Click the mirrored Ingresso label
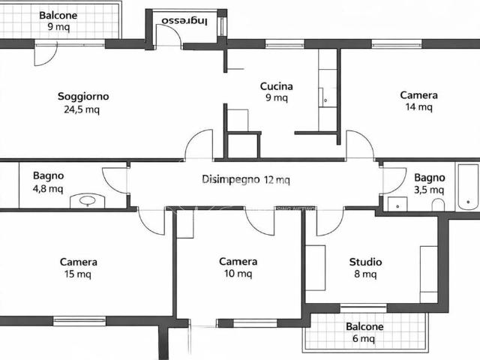pyautogui.click(x=184, y=20)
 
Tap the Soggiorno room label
pyautogui.click(x=83, y=97)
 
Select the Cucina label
pyautogui.click(x=277, y=86)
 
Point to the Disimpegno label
pyautogui.click(x=231, y=179)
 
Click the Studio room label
pyautogui.click(x=365, y=262)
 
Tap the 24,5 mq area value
pyautogui.click(x=82, y=109)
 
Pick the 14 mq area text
pyautogui.click(x=418, y=106)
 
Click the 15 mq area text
pyautogui.click(x=78, y=274)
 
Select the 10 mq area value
pyautogui.click(x=238, y=273)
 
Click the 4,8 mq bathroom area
pyautogui.click(x=48, y=188)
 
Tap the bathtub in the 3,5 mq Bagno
pyautogui.click(x=468, y=187)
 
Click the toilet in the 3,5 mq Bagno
pyautogui.click(x=438, y=205)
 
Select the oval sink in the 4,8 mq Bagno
pyautogui.click(x=88, y=200)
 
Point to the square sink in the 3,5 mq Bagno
pyautogui.click(x=397, y=204)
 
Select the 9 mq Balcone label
pyautogui.click(x=58, y=21)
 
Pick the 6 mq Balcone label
pyautogui.click(x=364, y=332)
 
